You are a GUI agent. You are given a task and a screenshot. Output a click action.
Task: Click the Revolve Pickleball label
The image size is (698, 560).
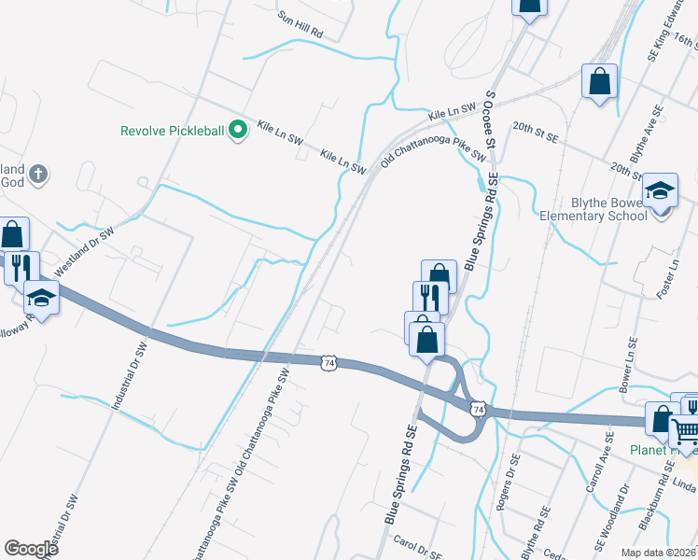coord(173,131)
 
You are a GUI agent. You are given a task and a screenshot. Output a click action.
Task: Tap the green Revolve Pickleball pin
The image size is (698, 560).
coord(238,130)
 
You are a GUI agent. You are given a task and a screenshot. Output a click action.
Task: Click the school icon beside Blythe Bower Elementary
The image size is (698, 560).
coord(661,190)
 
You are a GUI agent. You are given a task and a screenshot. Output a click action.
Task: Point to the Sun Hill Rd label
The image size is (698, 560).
coord(300,23)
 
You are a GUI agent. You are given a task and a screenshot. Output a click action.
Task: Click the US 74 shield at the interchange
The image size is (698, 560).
coord(478,409)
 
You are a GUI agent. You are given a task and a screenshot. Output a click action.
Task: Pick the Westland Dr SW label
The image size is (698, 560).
coord(83,251)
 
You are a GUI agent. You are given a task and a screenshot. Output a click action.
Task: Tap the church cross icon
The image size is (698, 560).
coord(38,174)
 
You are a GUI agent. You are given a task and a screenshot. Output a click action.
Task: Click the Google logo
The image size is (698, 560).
coord(31,549)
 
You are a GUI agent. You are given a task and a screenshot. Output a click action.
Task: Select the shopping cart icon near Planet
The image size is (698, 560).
coord(686,431)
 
